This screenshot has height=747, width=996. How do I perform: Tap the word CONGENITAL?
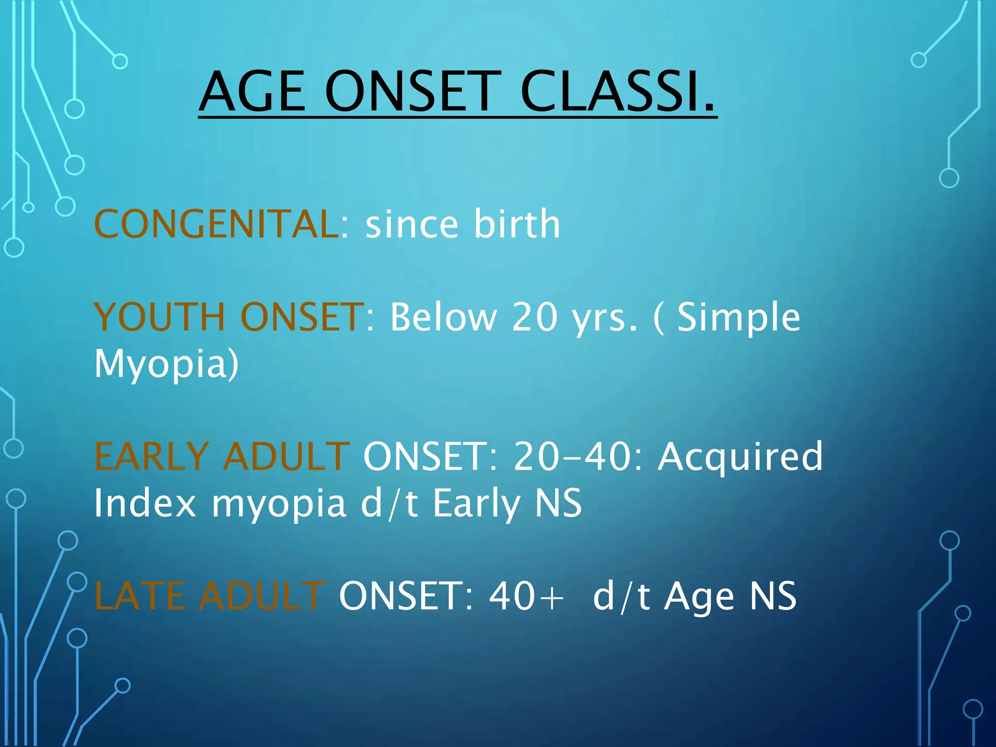click(x=217, y=224)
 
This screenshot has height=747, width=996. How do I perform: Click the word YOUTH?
click(x=160, y=317)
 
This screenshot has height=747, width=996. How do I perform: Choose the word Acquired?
click(x=740, y=458)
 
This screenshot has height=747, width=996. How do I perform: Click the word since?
click(x=411, y=224)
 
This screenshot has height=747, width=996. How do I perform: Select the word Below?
click(x=443, y=317)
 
